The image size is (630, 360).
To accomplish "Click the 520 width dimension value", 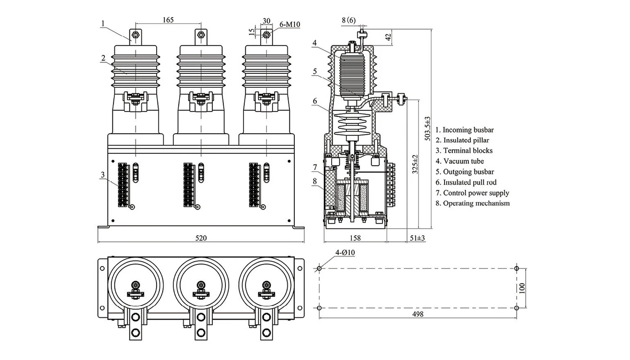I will [201, 238].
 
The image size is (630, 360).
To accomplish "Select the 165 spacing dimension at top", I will [168, 20].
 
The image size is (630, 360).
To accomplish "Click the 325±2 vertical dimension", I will [415, 165].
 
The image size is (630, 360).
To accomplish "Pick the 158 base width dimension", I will [355, 238].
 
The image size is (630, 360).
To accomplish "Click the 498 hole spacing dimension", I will [417, 314].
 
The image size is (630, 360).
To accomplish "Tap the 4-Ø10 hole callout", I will [345, 253].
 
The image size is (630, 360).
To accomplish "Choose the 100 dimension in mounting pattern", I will [522, 288].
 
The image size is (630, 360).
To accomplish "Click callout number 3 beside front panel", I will [103, 175].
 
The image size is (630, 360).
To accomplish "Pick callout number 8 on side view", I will [315, 181].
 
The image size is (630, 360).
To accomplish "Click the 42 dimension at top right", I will [389, 36].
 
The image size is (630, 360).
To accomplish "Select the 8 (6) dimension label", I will [348, 20].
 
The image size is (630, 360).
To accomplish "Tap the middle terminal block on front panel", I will [189, 184].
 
